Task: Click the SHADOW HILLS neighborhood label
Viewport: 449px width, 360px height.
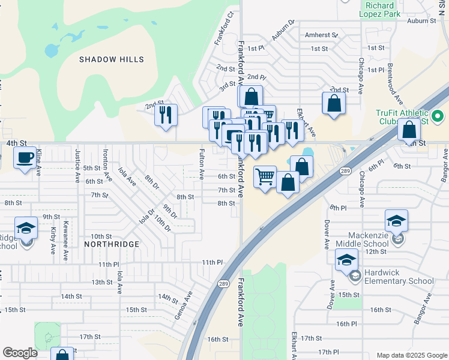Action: (x=112, y=59)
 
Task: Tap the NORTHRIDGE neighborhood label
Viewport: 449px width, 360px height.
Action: (x=112, y=244)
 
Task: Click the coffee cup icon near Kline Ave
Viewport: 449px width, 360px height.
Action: (x=25, y=158)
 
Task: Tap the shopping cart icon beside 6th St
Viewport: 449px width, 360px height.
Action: (x=265, y=177)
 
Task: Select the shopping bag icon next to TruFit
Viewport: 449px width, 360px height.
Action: (x=409, y=129)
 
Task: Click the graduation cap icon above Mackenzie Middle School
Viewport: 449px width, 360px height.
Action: (x=397, y=221)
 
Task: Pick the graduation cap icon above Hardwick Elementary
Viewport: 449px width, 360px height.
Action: (x=347, y=260)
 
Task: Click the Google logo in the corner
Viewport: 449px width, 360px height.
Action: (x=20, y=353)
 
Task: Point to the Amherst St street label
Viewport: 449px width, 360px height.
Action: (x=321, y=35)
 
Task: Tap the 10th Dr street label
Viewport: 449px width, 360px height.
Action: (x=163, y=225)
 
